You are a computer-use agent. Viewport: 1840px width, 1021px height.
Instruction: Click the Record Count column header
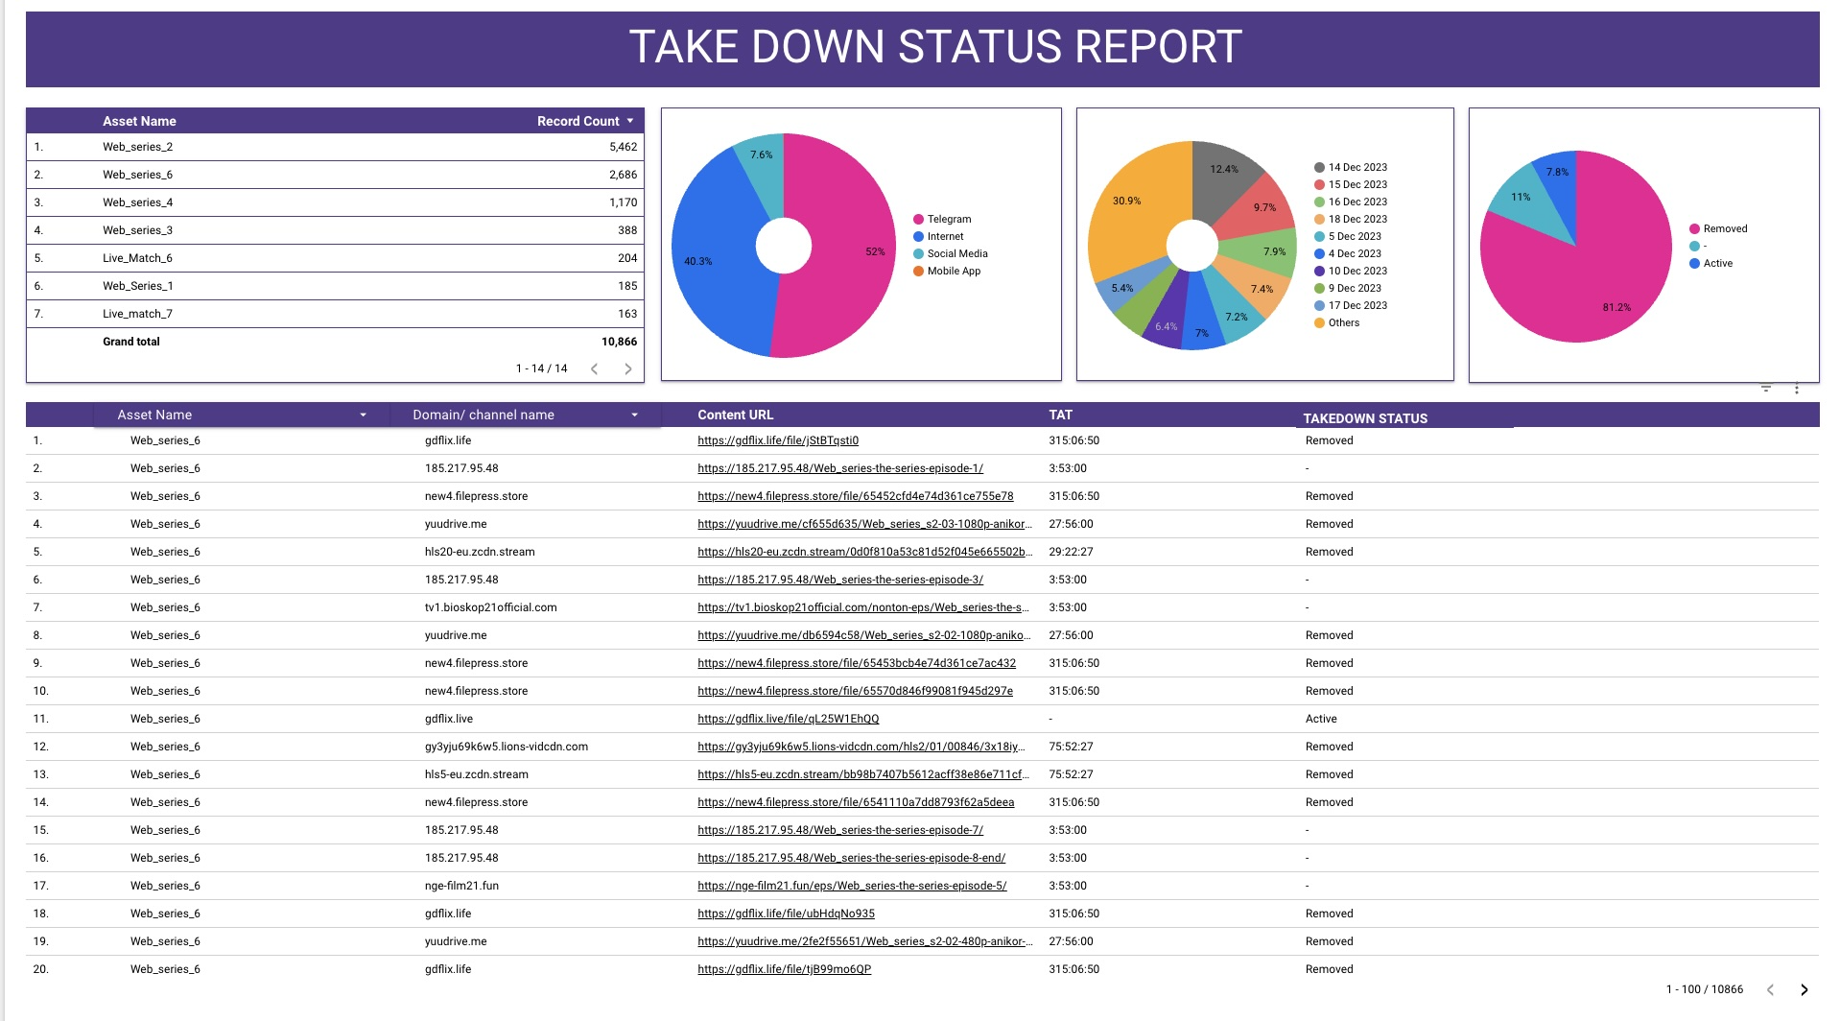pos(578,121)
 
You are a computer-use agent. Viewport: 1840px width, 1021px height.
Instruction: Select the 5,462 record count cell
pos(623,147)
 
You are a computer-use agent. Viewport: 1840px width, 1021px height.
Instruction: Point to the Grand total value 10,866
pos(619,342)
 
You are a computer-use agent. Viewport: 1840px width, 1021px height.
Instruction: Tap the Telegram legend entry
pos(948,219)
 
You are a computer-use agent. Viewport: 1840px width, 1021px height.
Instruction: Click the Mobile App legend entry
pos(953,271)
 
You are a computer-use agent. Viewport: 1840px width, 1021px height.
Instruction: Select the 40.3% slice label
pos(697,261)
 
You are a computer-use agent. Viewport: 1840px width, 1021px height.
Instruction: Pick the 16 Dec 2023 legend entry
pos(1356,202)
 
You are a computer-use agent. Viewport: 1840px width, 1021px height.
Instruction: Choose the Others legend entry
pos(1343,322)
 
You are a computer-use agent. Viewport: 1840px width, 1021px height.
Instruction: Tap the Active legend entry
pos(1717,263)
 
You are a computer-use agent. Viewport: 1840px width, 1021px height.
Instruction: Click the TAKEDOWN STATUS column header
pos(1364,418)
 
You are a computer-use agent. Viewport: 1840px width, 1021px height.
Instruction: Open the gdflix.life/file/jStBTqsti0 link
pos(778,440)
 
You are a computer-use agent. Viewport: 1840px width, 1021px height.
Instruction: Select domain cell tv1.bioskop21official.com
pos(490,607)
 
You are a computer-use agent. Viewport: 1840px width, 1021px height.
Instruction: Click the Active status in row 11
pos(1321,719)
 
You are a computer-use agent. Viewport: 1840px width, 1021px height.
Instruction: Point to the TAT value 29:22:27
pos(1071,552)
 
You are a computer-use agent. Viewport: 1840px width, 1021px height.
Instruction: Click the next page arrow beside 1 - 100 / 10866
pos(1804,989)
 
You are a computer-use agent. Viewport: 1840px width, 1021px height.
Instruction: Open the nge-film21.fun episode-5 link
pos(852,886)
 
